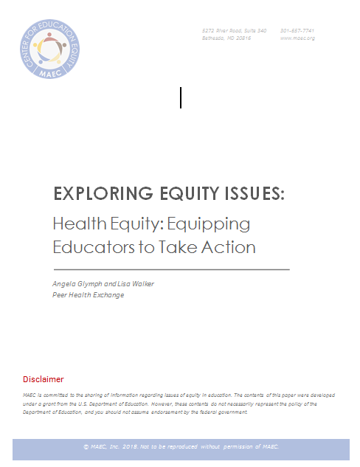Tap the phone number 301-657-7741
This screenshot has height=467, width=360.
[297, 30]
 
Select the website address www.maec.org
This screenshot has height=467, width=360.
[297, 38]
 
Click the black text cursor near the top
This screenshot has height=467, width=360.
[181, 97]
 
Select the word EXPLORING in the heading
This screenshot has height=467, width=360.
[96, 194]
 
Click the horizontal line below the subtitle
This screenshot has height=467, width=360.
[170, 269]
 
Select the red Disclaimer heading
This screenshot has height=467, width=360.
[44, 379]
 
